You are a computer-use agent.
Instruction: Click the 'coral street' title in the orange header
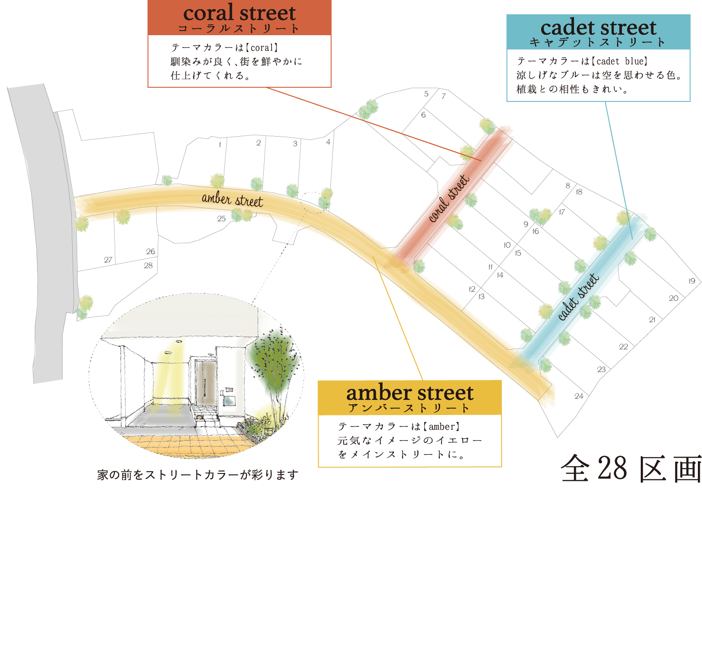(239, 13)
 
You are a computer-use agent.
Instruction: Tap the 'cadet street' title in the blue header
(598, 27)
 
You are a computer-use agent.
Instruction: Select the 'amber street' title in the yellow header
(409, 393)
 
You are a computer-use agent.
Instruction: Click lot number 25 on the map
(221, 219)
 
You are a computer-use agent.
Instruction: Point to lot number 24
(579, 396)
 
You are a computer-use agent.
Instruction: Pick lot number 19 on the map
(692, 281)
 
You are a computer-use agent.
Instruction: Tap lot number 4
(328, 142)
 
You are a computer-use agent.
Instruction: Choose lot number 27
(108, 260)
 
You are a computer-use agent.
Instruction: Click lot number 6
(423, 115)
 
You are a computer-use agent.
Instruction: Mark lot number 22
(623, 347)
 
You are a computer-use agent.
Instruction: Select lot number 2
(258, 143)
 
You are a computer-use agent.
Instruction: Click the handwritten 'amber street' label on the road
(232, 199)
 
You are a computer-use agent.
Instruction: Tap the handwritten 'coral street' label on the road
(449, 198)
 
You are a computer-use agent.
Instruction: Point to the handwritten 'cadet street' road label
(578, 296)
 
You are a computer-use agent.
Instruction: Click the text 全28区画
(631, 468)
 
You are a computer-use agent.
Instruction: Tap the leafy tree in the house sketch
(274, 361)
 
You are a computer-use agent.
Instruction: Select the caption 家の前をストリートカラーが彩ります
(197, 475)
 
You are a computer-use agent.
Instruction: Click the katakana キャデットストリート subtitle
(597, 43)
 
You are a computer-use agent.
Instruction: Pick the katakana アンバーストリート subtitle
(409, 408)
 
